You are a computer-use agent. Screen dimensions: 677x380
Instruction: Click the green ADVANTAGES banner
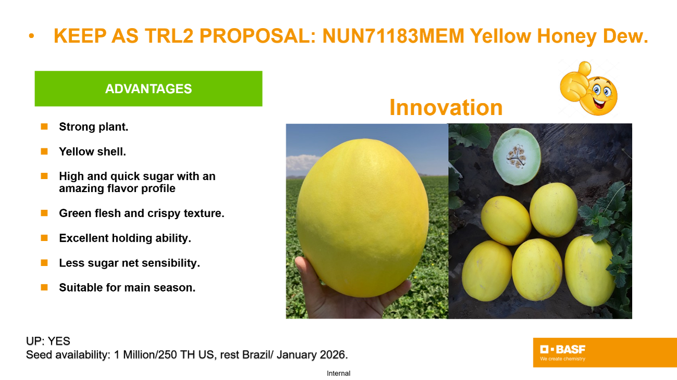[149, 88]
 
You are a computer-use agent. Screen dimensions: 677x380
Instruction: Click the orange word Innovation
[446, 107]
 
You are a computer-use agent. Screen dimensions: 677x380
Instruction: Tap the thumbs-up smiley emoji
[588, 88]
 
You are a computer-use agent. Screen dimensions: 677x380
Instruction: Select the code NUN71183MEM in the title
[393, 36]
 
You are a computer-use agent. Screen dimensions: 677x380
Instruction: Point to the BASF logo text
[562, 349]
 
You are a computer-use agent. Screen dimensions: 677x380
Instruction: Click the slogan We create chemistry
[562, 359]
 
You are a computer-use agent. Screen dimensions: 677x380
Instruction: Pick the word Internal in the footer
[339, 373]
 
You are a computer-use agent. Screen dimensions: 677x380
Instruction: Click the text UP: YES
[48, 341]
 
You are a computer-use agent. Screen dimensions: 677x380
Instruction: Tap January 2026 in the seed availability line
[312, 354]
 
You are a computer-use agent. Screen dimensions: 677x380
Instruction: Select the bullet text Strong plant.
[94, 127]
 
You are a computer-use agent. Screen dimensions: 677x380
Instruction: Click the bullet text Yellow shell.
[92, 151]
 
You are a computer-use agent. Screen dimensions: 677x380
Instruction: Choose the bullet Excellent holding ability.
[125, 238]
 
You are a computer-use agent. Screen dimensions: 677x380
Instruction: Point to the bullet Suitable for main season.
[127, 288]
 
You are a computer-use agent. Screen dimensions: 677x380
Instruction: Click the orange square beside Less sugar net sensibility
[44, 263]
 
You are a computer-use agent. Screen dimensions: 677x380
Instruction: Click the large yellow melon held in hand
[362, 217]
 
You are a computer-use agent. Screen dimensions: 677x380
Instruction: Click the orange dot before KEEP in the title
[31, 36]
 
